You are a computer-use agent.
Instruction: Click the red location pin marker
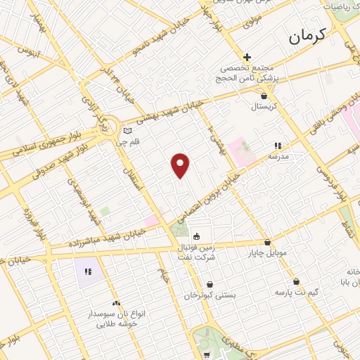181,165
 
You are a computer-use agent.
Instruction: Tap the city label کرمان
307,37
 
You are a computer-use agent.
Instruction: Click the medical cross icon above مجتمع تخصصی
247,57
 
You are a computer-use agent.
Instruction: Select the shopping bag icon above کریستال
264,96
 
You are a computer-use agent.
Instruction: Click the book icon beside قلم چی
127,131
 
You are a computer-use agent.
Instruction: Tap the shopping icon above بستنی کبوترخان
210,284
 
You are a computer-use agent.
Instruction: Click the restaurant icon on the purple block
88,271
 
